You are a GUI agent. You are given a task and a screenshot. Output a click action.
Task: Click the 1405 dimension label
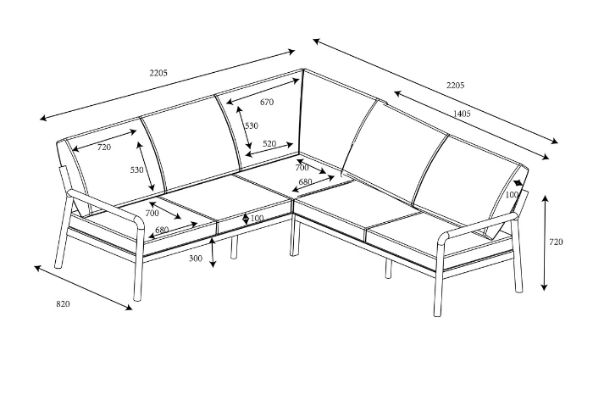[x=462, y=113]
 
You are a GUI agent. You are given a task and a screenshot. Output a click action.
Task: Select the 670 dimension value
[x=267, y=103]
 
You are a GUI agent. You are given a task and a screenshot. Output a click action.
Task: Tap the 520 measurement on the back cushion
[x=269, y=144]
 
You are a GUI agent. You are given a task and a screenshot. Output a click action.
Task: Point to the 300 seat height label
[x=196, y=259]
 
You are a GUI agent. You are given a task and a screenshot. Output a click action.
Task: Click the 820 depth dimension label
[x=64, y=303]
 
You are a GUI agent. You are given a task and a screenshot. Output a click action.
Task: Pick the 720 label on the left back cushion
[x=103, y=147]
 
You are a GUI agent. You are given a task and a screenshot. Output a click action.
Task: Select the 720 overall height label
[x=556, y=242]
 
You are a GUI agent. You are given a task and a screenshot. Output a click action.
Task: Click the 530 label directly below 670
[x=252, y=125]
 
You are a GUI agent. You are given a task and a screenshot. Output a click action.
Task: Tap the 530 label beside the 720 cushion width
[x=137, y=170]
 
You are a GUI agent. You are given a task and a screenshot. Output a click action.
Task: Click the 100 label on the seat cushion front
[x=257, y=219]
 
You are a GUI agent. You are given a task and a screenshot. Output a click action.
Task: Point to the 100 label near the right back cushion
[x=511, y=195]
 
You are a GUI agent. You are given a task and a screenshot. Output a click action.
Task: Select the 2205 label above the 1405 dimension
[x=455, y=85]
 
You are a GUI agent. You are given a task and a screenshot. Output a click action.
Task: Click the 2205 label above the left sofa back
[x=158, y=73]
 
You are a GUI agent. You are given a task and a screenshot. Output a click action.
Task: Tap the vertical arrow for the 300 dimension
[x=213, y=253]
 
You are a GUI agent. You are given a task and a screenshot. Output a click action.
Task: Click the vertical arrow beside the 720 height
[x=544, y=242]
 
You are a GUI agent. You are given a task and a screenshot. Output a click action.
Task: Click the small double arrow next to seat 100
[x=246, y=219]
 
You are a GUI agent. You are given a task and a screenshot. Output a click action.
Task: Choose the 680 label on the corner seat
[x=305, y=181]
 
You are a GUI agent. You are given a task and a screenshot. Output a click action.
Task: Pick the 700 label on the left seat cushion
[x=152, y=214]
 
